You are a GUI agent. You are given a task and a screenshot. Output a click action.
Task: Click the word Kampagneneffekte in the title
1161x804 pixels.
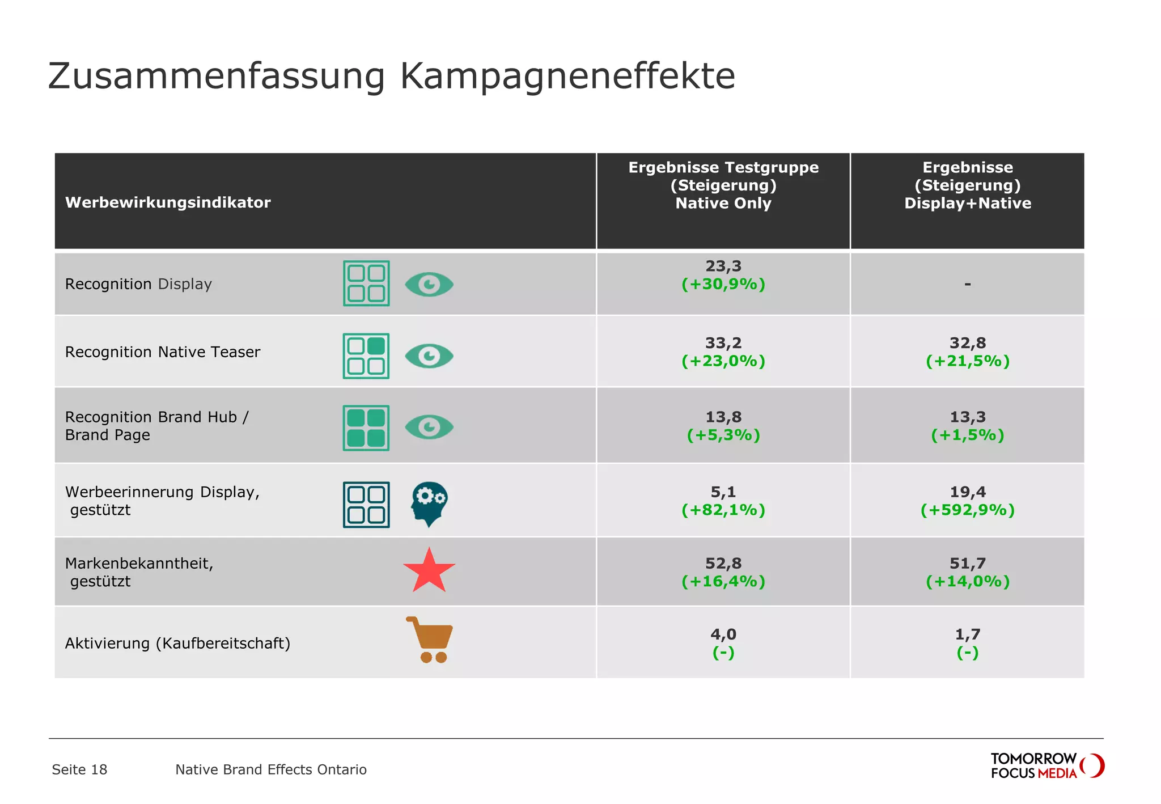[x=567, y=77]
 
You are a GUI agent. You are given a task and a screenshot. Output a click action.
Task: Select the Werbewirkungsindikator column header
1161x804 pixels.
[x=168, y=202]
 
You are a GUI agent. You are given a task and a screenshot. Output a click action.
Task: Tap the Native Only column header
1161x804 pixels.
[x=723, y=185]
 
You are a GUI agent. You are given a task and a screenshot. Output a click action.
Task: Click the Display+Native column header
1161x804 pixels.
[x=967, y=185]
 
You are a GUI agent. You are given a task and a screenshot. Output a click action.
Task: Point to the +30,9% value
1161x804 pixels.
[x=723, y=284]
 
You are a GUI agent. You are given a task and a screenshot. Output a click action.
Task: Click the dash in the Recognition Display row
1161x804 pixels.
[x=967, y=283]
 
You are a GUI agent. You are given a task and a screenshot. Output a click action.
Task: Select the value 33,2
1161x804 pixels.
[x=723, y=342]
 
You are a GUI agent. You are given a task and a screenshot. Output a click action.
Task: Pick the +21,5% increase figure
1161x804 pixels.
[x=967, y=361]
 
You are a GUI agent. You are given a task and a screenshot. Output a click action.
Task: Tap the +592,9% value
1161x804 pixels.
[x=967, y=510]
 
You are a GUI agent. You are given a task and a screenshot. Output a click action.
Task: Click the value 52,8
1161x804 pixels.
[x=723, y=563]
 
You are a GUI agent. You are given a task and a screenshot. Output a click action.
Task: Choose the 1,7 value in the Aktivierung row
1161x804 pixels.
[x=967, y=634]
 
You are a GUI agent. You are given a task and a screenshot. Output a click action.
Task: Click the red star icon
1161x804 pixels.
[x=429, y=571]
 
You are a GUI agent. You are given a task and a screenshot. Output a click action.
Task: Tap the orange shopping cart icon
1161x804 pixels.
[x=430, y=640]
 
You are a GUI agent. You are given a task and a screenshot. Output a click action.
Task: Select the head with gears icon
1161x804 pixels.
[x=429, y=503]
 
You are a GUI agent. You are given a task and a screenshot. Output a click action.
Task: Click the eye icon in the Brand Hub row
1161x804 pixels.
[x=429, y=427]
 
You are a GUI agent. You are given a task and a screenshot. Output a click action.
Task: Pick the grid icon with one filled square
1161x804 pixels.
[x=366, y=356]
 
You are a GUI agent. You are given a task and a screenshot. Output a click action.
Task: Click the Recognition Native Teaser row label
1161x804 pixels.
[x=163, y=352]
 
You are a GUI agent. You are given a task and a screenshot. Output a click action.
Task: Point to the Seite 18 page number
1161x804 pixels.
[x=79, y=769]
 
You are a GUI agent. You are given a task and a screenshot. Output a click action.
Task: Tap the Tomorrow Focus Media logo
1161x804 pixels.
[x=1046, y=765]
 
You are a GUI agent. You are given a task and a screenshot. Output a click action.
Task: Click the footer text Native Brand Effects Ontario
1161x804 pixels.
[x=271, y=769]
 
